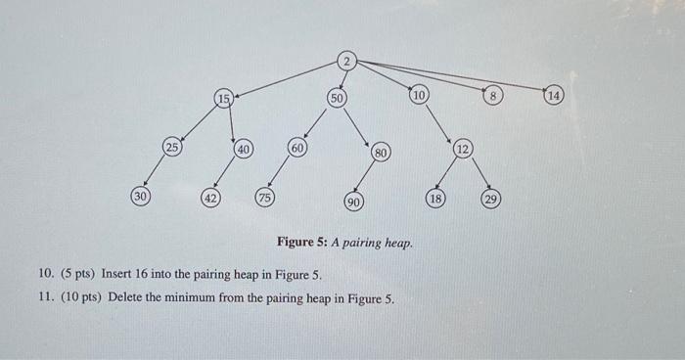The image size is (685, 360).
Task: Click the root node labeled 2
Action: pyautogui.click(x=346, y=61)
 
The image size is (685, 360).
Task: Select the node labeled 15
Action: pyautogui.click(x=225, y=98)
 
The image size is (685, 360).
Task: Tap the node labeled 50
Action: pyautogui.click(x=337, y=99)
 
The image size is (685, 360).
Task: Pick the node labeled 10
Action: pyautogui.click(x=419, y=96)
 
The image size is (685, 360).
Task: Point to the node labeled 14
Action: pyautogui.click(x=555, y=95)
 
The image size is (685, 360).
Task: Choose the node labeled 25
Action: pyautogui.click(x=172, y=148)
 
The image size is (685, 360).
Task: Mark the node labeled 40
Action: pyautogui.click(x=244, y=150)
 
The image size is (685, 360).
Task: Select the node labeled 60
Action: pyautogui.click(x=297, y=148)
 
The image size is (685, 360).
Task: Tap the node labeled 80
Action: pyautogui.click(x=382, y=154)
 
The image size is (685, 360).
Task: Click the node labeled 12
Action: pyautogui.click(x=463, y=150)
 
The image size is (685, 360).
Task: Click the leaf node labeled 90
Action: pyautogui.click(x=353, y=202)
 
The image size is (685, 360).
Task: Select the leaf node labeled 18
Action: pyautogui.click(x=437, y=199)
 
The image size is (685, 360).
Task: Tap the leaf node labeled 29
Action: pyautogui.click(x=491, y=200)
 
